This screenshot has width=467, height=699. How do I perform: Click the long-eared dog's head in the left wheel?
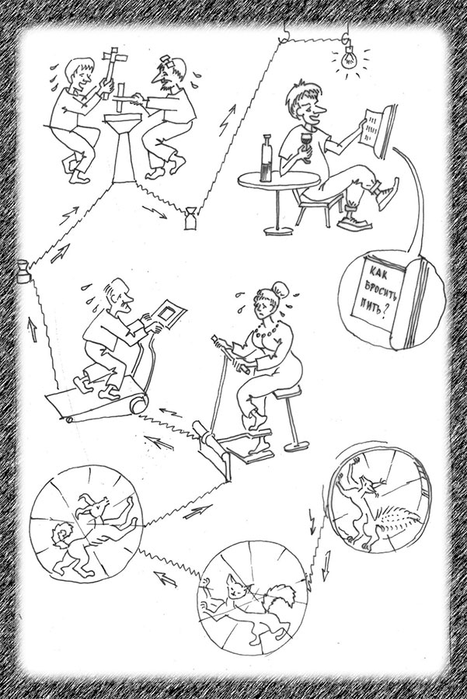tap(95, 506)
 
